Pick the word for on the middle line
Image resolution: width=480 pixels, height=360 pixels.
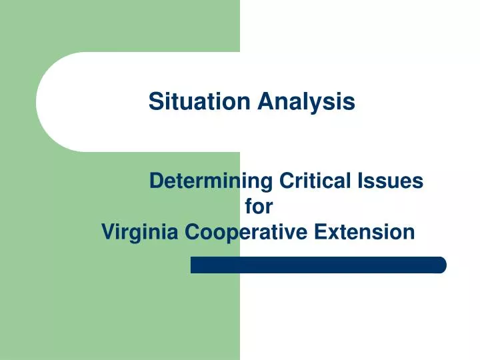tap(259, 207)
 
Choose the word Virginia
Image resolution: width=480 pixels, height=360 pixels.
tap(141, 233)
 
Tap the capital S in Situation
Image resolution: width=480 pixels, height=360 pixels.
tap(155, 102)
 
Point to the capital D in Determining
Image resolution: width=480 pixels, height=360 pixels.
tap(156, 181)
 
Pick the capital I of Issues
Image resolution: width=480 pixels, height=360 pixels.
tap(367, 181)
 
